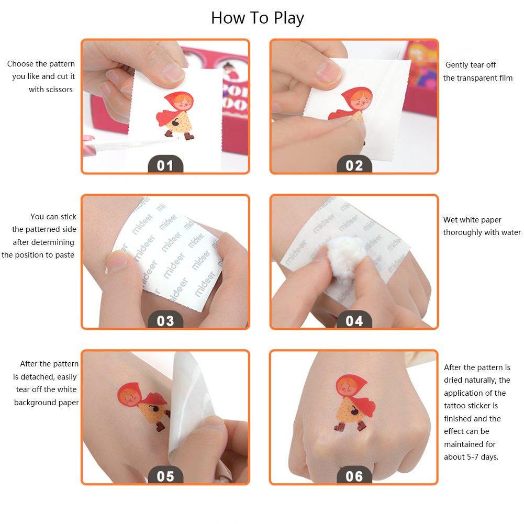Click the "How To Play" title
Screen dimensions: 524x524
pyautogui.click(x=258, y=18)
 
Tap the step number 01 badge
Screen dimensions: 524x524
pyautogui.click(x=165, y=164)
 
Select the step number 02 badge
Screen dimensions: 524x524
pyautogui.click(x=354, y=164)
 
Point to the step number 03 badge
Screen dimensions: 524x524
pyautogui.click(x=165, y=320)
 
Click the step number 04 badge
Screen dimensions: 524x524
pyautogui.click(x=354, y=320)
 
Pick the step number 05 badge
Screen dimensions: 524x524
pyautogui.click(x=165, y=475)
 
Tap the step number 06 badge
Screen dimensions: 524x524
pyautogui.click(x=354, y=475)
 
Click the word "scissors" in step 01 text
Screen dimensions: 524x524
pyautogui.click(x=60, y=90)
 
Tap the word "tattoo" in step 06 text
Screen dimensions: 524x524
pyautogui.click(x=454, y=406)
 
